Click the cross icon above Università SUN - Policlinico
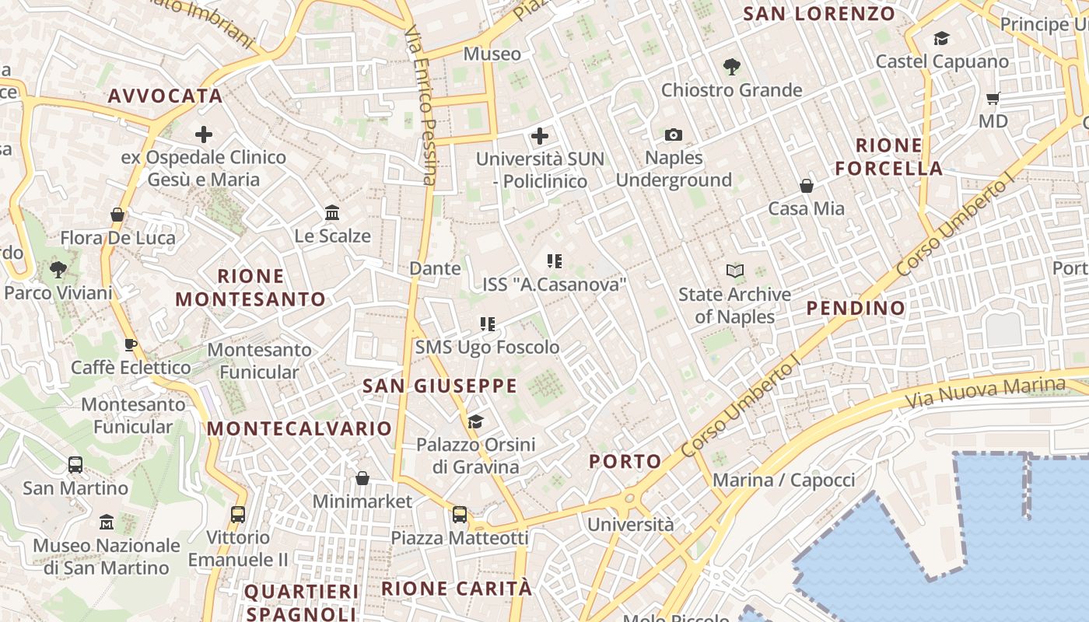[x=540, y=137]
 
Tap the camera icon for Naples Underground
[x=674, y=135]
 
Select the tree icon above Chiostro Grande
[x=731, y=67]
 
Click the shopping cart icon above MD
[x=993, y=98]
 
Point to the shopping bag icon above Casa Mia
[x=807, y=186]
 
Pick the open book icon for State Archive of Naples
[x=734, y=271]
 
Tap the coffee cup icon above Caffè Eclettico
[x=131, y=344]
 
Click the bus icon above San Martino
[x=75, y=465]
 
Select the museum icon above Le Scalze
[x=332, y=212]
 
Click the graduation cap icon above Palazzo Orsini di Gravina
[x=475, y=421]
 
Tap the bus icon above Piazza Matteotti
[x=460, y=514]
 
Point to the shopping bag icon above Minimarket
[x=362, y=478]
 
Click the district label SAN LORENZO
[x=819, y=13]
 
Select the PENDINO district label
[x=856, y=308]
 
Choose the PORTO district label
[x=625, y=461]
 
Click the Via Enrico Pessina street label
[x=420, y=106]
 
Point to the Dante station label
[x=435, y=268]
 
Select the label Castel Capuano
[x=942, y=61]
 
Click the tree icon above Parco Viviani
[x=58, y=270]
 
